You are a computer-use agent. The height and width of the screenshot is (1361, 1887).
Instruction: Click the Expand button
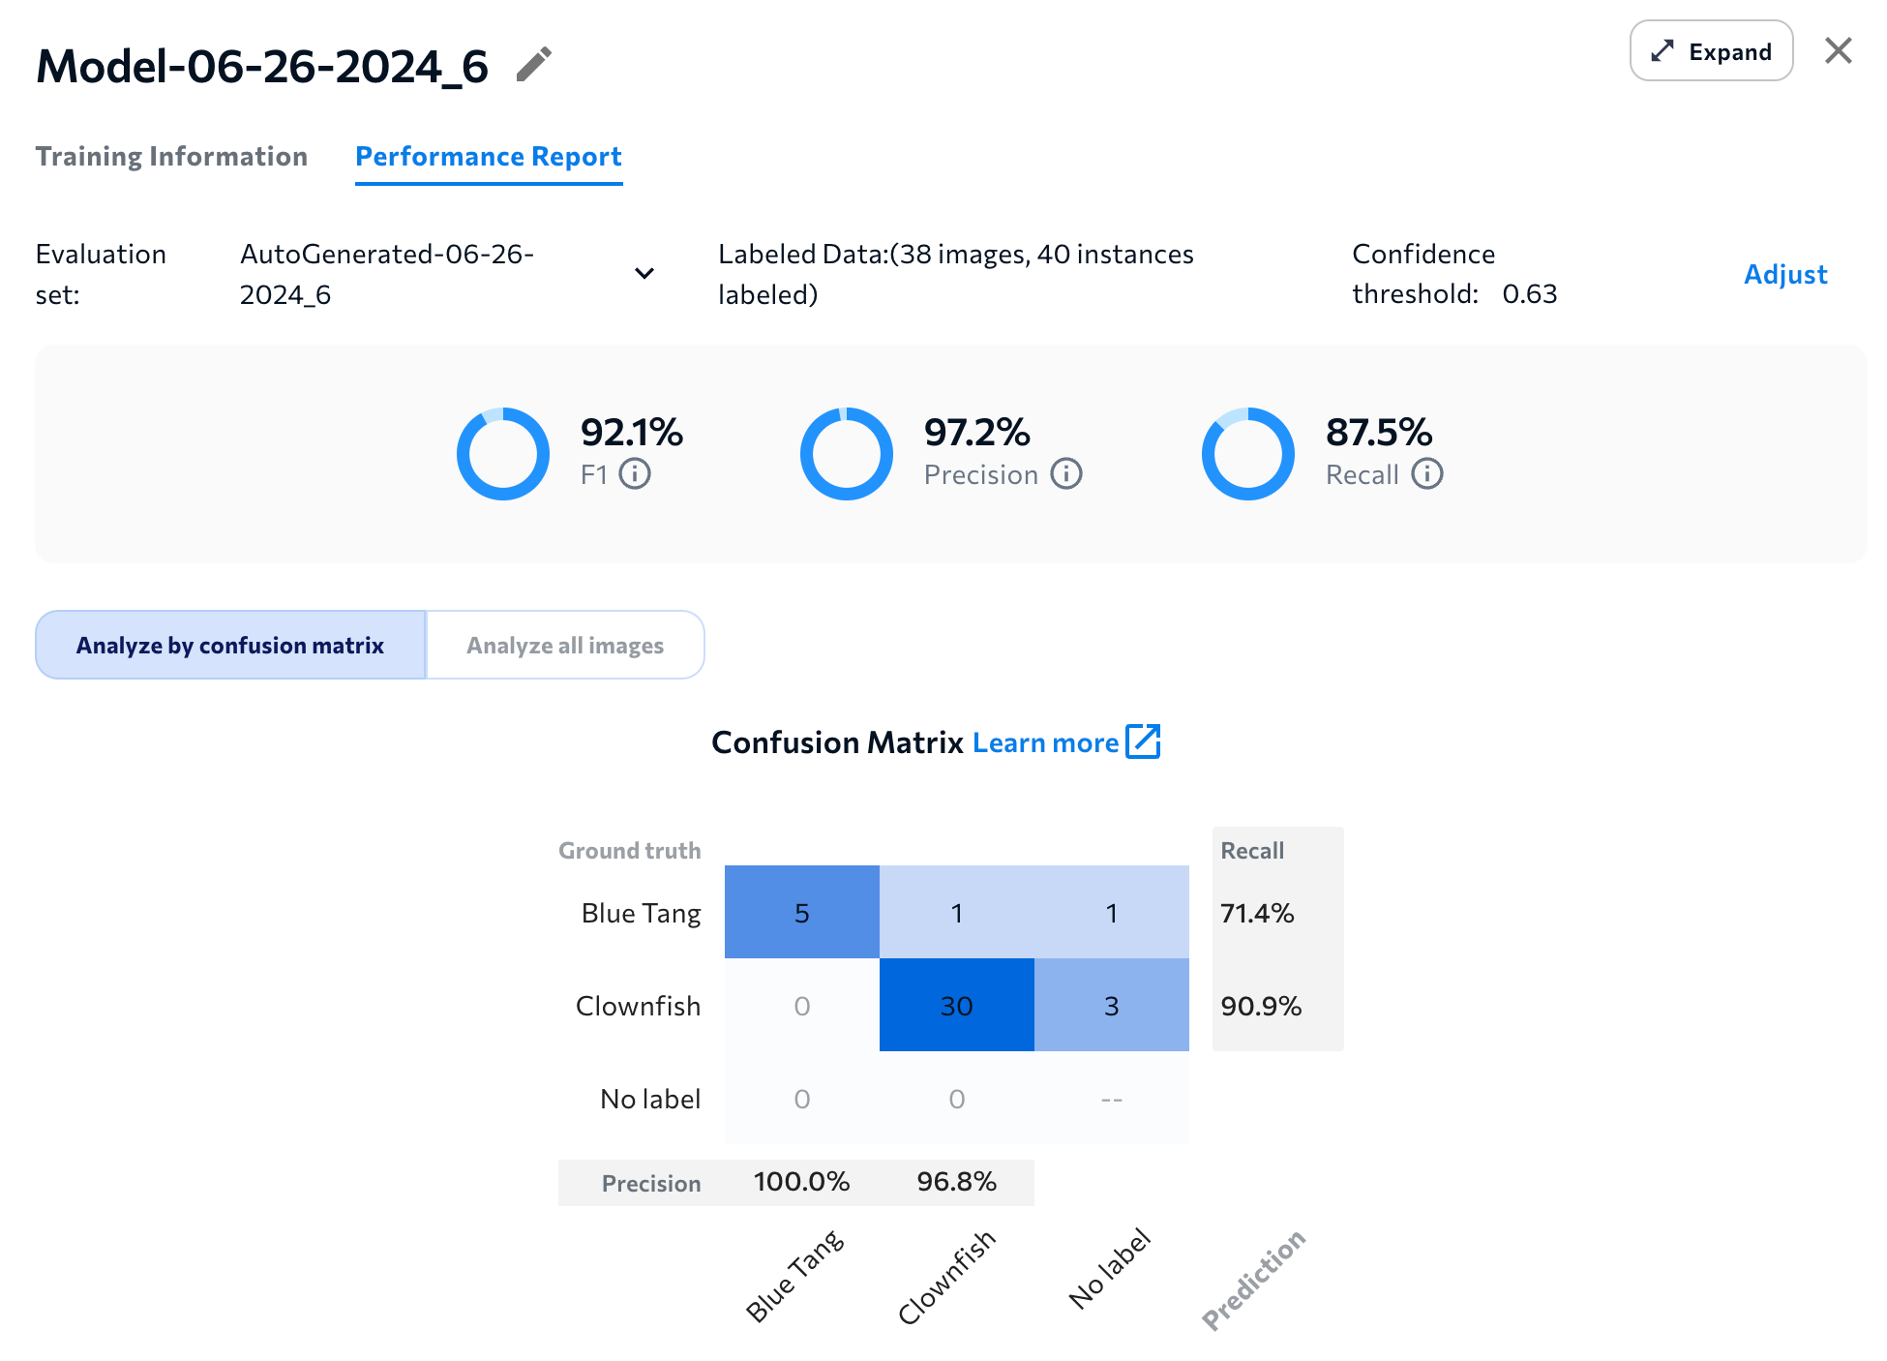click(x=1710, y=51)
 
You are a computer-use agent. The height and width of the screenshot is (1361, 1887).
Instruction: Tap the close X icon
click(x=1838, y=51)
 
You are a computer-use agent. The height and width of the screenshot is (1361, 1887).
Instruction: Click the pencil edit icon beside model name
click(x=533, y=65)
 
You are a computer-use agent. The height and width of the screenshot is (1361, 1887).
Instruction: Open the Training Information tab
click(x=171, y=157)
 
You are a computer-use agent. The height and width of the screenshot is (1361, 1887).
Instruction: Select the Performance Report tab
click(x=488, y=157)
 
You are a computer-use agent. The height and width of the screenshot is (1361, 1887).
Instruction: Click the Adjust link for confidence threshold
click(x=1784, y=275)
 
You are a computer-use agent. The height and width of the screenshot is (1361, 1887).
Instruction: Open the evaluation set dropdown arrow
click(x=644, y=274)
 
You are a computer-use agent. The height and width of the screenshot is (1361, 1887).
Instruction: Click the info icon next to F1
click(x=635, y=474)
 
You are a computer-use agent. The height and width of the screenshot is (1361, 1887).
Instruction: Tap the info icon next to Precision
click(x=1066, y=474)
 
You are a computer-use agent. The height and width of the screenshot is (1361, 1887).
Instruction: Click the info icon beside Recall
click(x=1427, y=474)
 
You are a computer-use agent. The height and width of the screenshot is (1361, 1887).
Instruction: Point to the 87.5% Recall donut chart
click(x=1247, y=454)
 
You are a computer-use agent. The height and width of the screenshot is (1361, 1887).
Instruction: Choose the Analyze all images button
click(x=565, y=646)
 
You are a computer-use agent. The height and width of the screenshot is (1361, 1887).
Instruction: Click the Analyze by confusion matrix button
click(x=230, y=646)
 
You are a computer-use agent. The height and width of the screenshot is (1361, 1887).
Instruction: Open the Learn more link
click(x=1064, y=742)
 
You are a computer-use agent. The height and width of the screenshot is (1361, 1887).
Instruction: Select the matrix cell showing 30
click(x=956, y=1006)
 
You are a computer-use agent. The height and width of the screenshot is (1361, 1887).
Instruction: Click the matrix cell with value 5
click(x=801, y=913)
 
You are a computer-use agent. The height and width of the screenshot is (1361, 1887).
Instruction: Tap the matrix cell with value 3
click(x=1111, y=1006)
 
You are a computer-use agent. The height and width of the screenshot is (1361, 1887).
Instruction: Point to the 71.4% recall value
click(x=1257, y=913)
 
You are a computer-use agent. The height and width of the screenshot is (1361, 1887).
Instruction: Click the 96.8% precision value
click(x=956, y=1182)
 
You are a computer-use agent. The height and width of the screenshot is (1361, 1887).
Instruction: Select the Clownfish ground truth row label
click(x=638, y=1006)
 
